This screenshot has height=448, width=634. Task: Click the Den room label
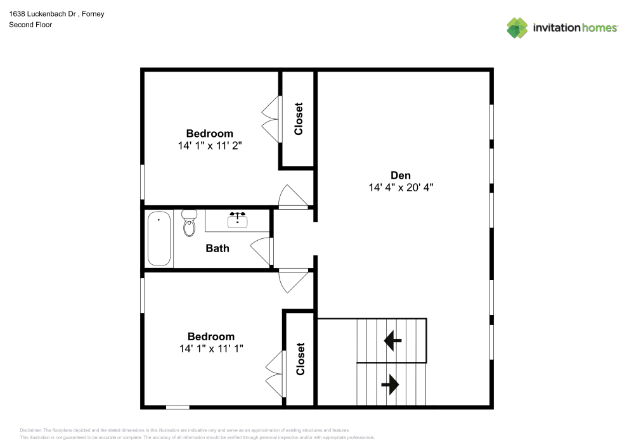click(400, 176)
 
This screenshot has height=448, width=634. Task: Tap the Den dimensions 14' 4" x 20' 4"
click(400, 188)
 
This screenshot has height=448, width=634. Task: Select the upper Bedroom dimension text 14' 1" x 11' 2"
click(209, 145)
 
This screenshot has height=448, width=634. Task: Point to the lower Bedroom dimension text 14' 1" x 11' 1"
click(210, 348)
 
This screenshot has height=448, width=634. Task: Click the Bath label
click(217, 248)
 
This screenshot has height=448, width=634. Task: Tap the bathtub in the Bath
click(159, 240)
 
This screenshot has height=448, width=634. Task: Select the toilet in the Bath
click(190, 224)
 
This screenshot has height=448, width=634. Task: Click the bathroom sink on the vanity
click(238, 220)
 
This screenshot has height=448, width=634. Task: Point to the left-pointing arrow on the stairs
click(392, 342)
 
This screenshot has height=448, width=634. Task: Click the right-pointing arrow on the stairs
click(389, 383)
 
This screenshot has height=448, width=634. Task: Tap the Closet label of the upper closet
click(299, 119)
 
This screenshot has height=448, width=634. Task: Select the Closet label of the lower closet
click(301, 359)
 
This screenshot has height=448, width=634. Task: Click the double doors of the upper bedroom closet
click(271, 119)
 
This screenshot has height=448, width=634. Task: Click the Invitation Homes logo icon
click(517, 27)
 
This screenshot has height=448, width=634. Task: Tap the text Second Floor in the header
click(30, 25)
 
